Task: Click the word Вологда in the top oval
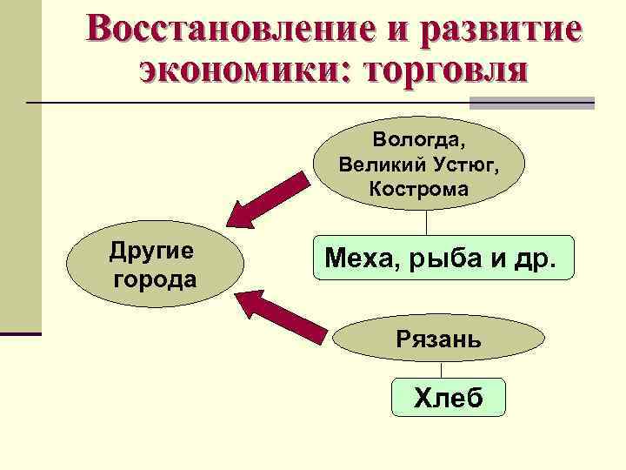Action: coord(419,139)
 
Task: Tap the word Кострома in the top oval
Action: coord(418,188)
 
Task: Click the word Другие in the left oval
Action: coord(151,252)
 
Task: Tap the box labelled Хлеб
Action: coord(449,398)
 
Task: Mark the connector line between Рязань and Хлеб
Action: coord(441,370)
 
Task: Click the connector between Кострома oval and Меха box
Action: coord(426,222)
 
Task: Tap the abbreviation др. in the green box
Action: coord(538,258)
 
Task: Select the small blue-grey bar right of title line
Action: coord(573,104)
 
